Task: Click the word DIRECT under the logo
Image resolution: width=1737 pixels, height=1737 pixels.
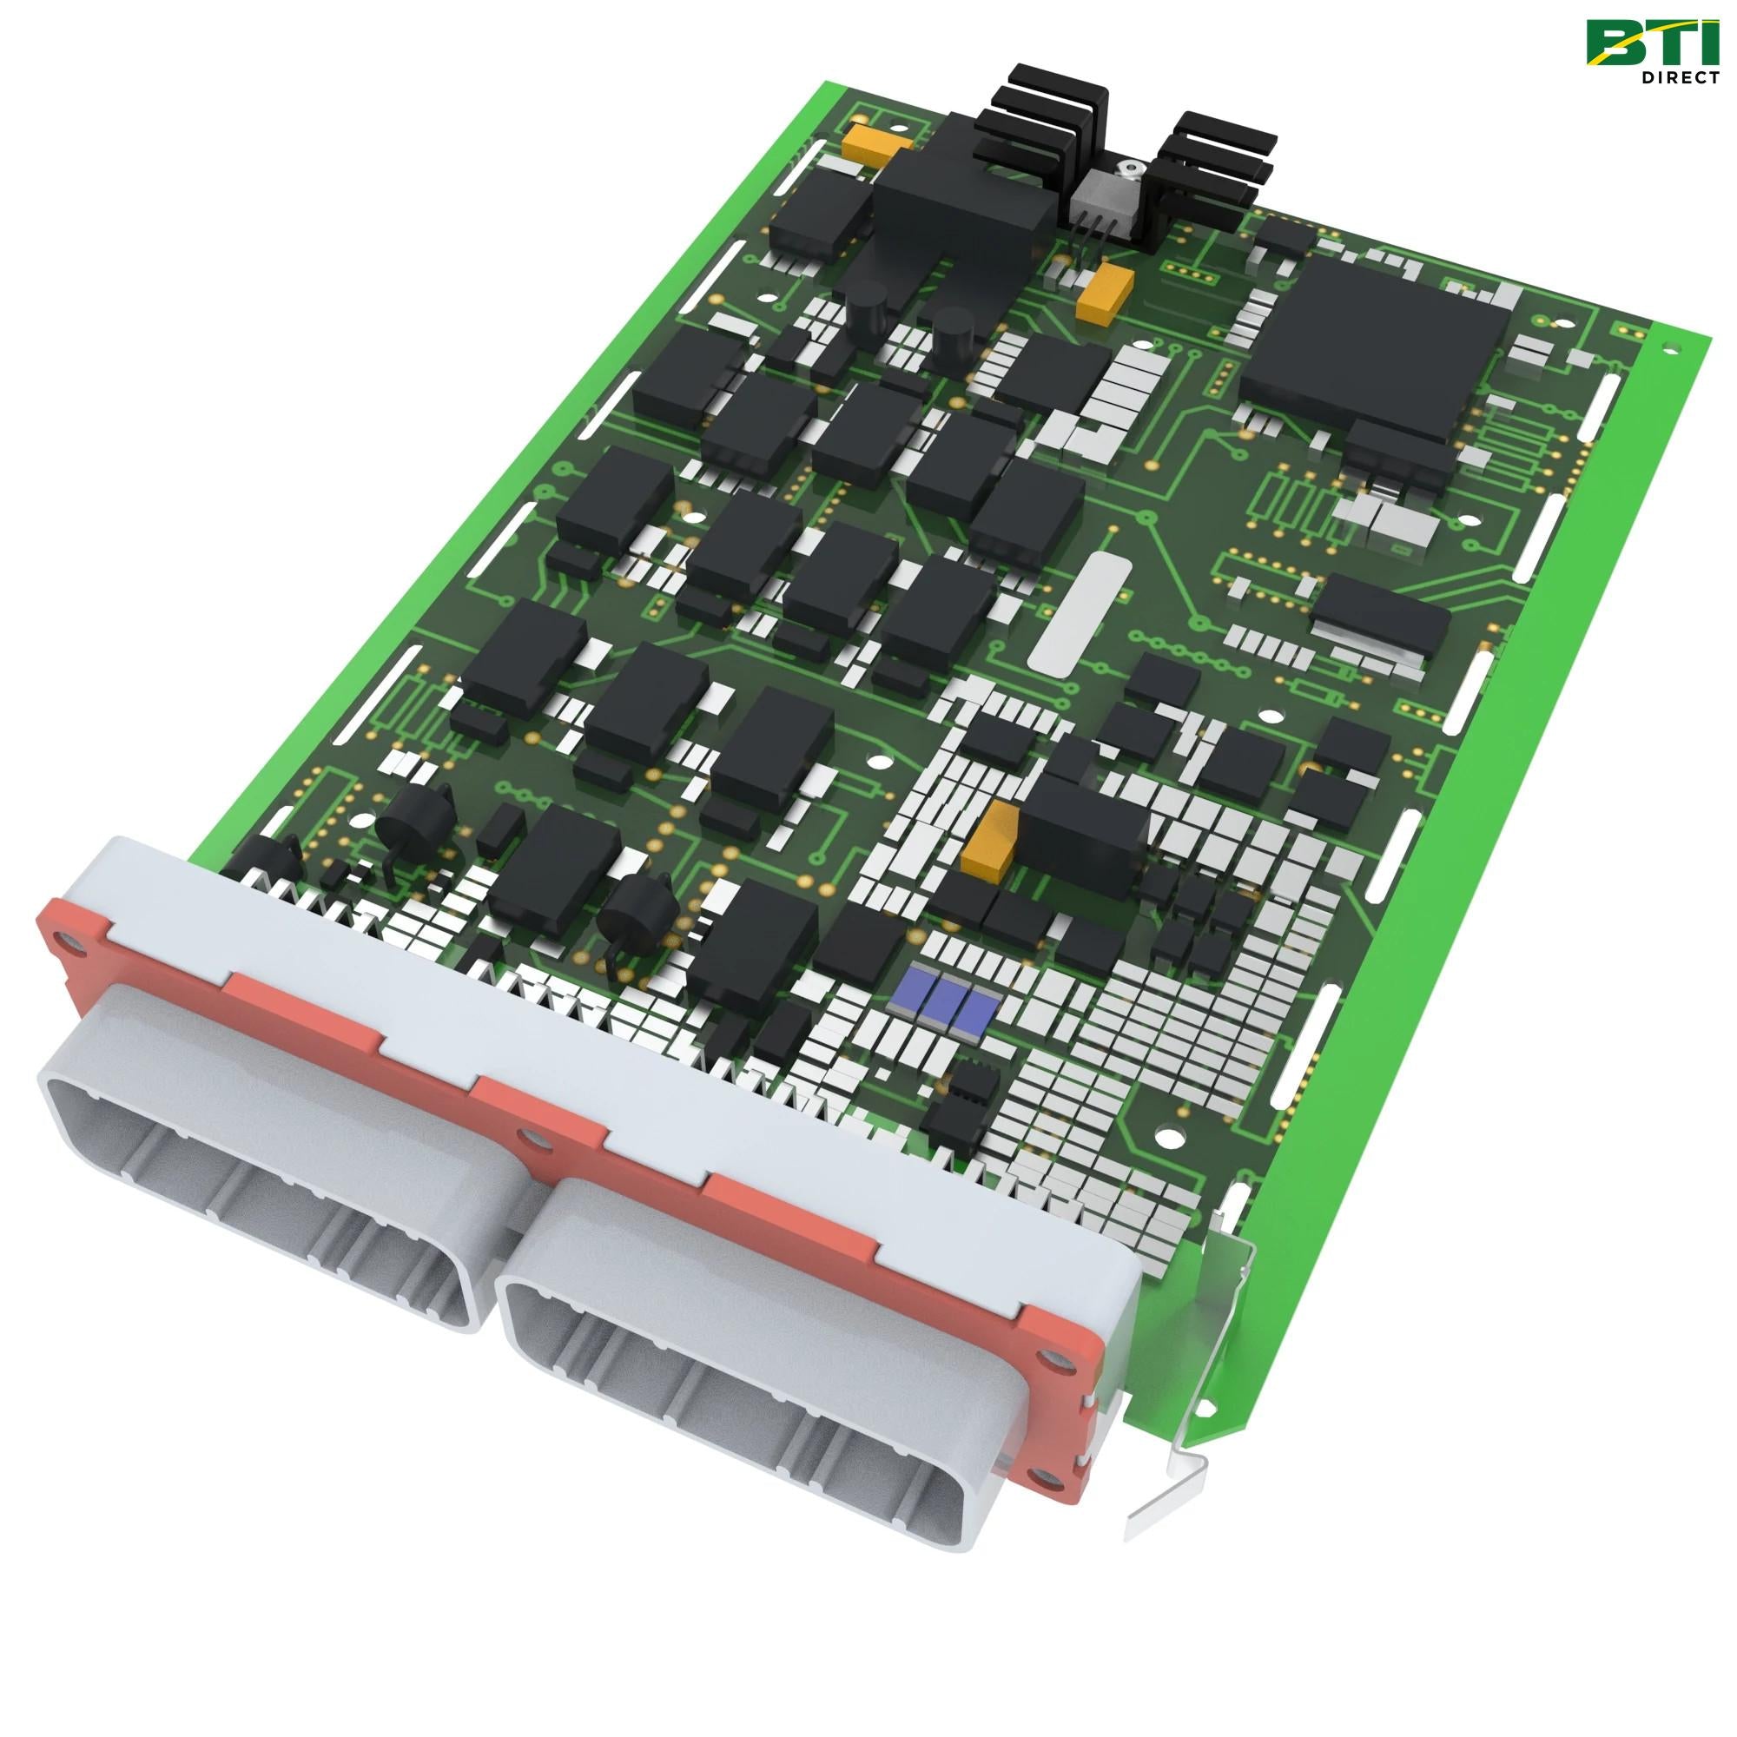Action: pyautogui.click(x=1678, y=77)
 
